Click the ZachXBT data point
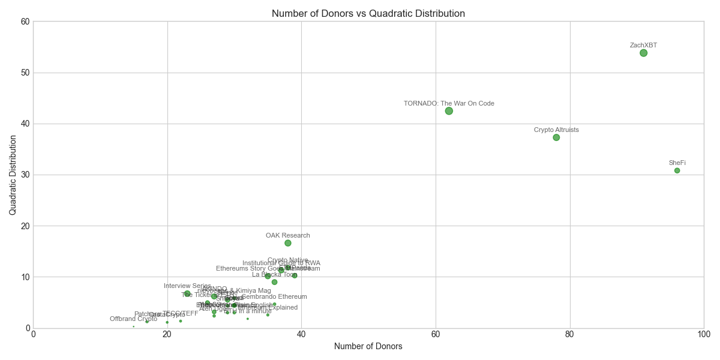(643, 53)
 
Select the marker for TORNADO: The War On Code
(449, 111)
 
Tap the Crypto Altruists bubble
(556, 137)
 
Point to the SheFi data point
(677, 170)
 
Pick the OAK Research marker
(288, 243)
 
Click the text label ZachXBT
(643, 46)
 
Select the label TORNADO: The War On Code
(449, 103)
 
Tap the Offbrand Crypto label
(133, 319)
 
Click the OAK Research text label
(288, 236)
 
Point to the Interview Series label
(187, 286)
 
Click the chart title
(368, 13)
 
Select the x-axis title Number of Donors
(368, 346)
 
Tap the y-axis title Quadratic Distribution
(13, 175)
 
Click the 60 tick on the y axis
(25, 22)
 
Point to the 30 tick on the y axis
(25, 175)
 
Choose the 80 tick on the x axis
(569, 334)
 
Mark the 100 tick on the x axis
(703, 334)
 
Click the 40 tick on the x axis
(301, 334)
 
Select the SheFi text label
(677, 163)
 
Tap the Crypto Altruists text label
(556, 130)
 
